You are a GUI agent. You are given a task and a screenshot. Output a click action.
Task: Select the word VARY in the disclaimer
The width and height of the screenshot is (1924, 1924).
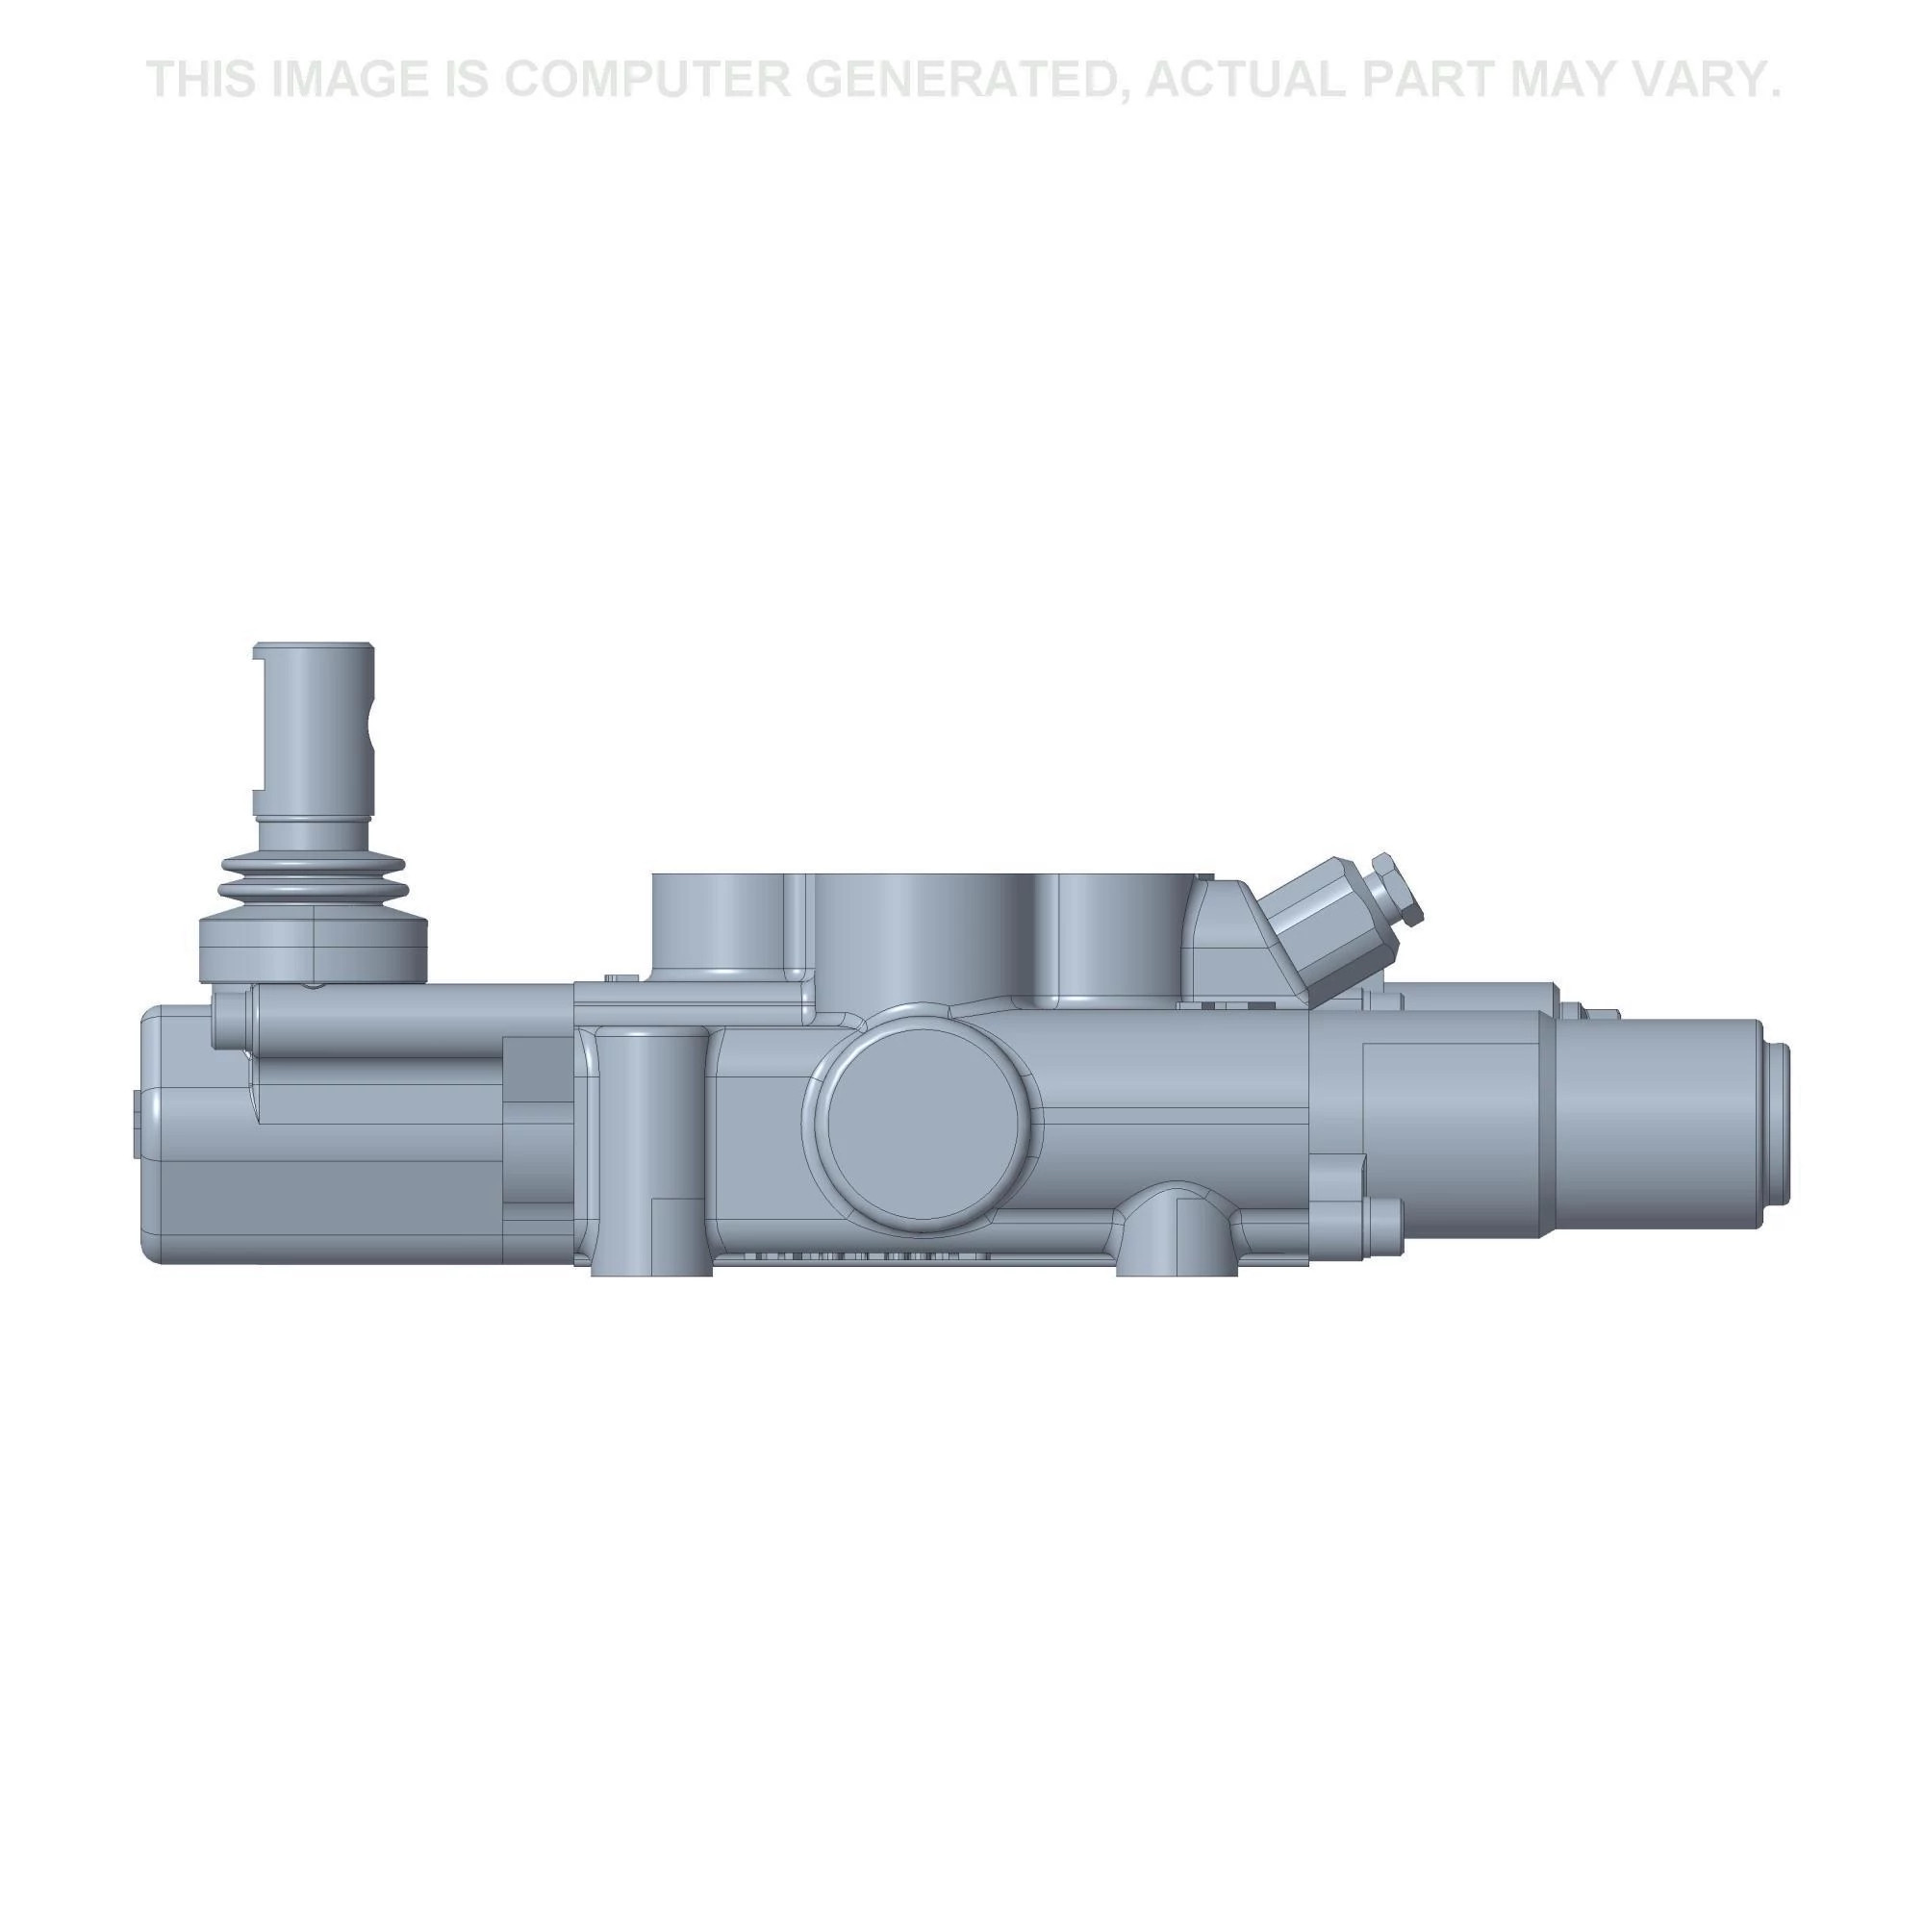(1702, 80)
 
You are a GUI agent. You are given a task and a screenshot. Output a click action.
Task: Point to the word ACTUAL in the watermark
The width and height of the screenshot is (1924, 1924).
(1245, 80)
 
